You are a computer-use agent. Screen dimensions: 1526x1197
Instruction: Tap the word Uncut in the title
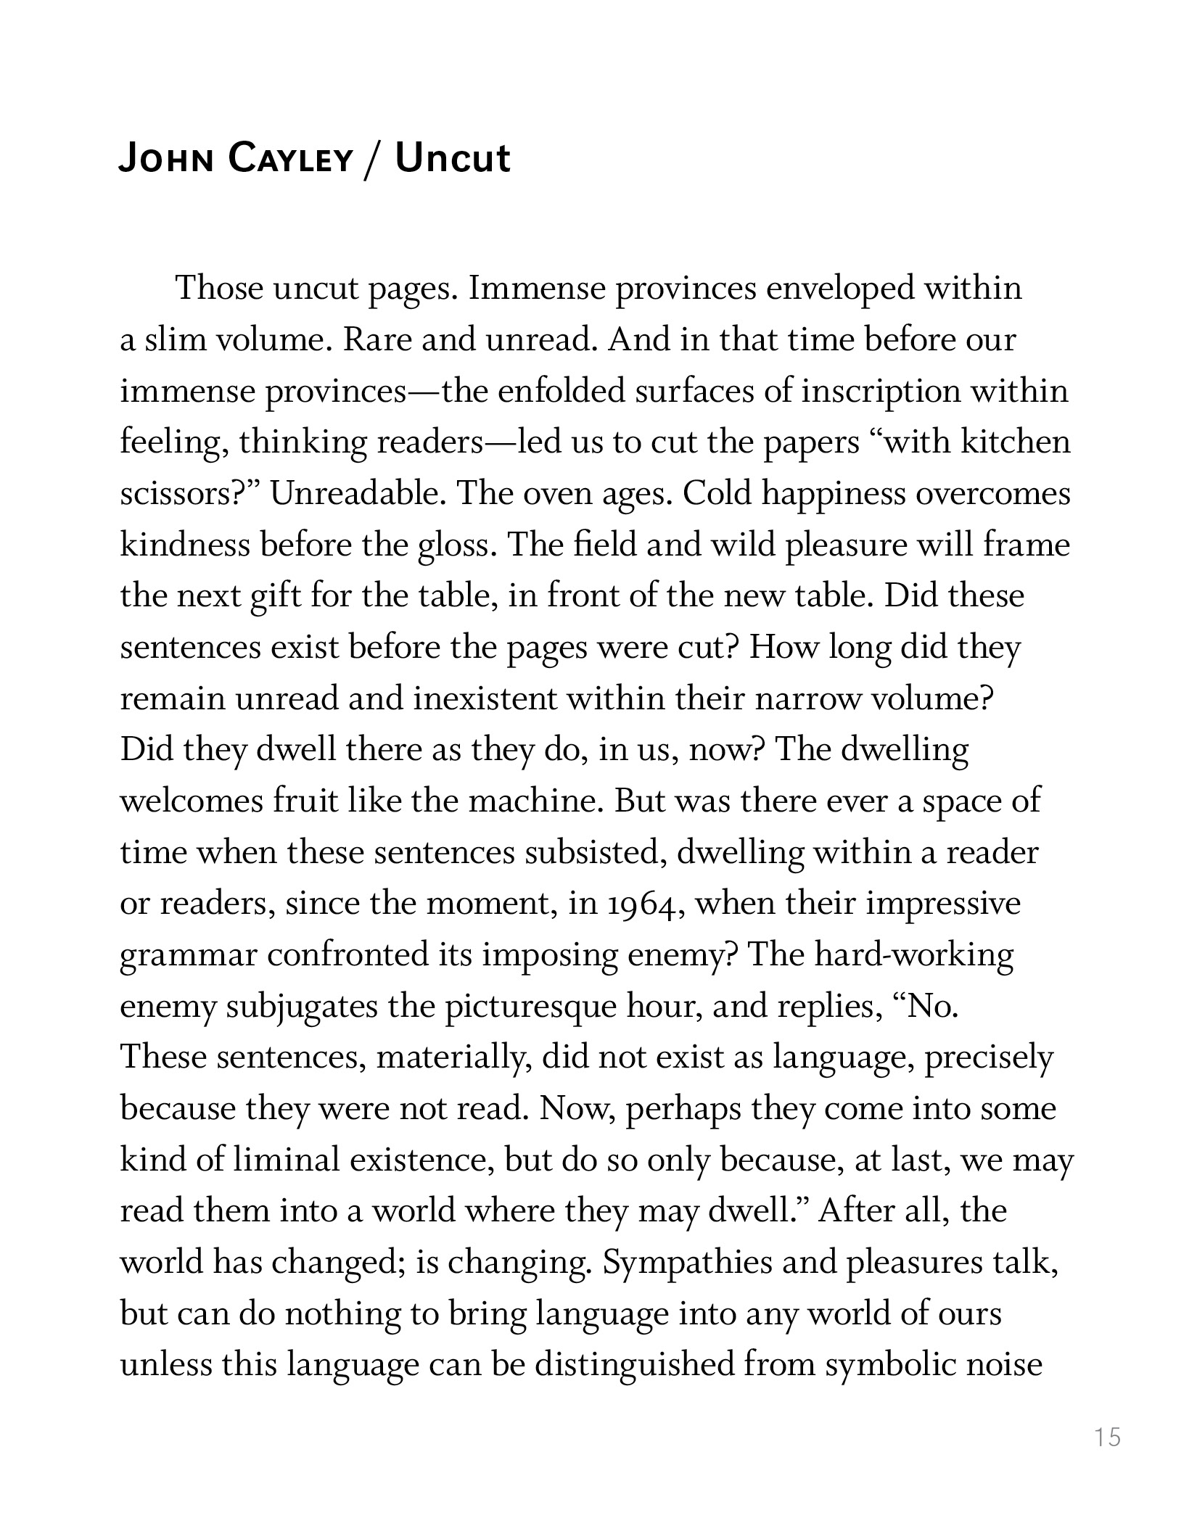[x=453, y=159]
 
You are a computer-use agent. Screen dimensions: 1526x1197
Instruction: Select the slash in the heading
[x=372, y=160]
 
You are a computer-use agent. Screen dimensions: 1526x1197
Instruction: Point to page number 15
[x=1108, y=1436]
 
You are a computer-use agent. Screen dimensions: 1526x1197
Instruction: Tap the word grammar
[x=189, y=955]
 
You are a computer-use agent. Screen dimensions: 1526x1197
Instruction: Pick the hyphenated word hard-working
[x=913, y=955]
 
